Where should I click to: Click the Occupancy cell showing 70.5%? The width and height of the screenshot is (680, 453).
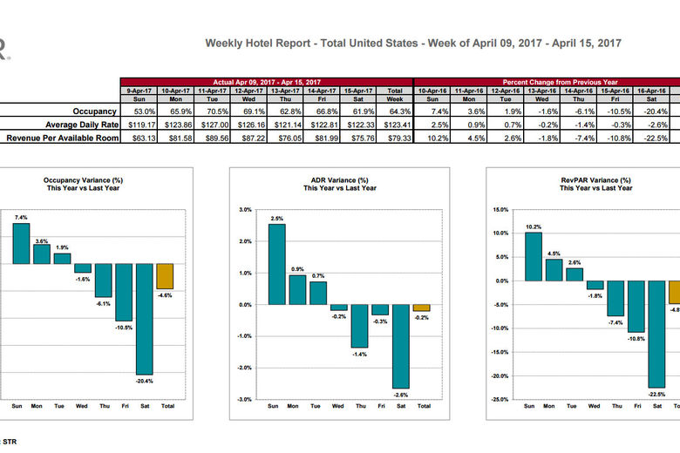tap(213, 112)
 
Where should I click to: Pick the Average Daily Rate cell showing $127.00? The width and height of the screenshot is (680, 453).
tap(213, 125)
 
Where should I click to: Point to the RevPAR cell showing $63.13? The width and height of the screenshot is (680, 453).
tap(137, 138)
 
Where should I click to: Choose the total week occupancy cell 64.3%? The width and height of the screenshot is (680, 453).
tap(395, 112)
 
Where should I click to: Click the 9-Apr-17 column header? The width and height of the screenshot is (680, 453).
tap(137, 90)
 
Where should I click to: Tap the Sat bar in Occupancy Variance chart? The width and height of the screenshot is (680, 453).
tap(144, 319)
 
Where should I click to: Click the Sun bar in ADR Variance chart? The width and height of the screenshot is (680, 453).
tap(276, 264)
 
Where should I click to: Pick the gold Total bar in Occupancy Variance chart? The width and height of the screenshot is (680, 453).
tap(165, 276)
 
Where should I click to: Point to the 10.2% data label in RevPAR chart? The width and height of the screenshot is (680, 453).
tap(534, 226)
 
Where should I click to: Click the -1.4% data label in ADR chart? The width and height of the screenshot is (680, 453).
tap(360, 354)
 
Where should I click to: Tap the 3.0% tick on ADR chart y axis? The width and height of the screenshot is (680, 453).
tap(245, 210)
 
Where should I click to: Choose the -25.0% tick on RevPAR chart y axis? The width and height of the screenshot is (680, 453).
tap(500, 399)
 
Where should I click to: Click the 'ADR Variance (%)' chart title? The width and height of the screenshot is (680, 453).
tap(339, 179)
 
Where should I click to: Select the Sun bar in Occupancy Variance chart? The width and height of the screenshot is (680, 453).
tap(21, 243)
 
